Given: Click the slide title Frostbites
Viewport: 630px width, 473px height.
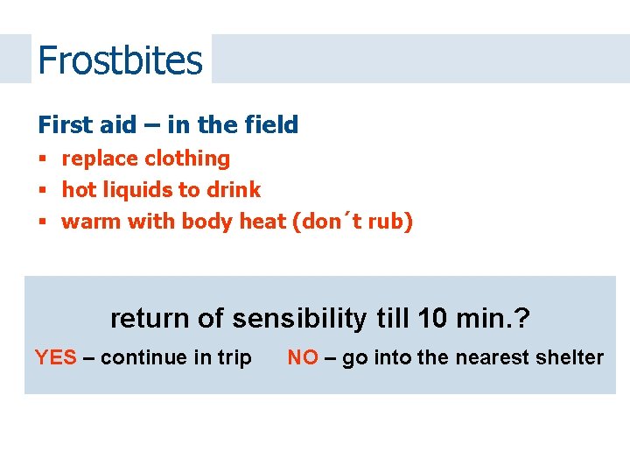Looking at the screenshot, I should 120,60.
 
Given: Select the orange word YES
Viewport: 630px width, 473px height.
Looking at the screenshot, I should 55,357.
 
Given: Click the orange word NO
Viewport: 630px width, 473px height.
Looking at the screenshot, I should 303,357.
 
